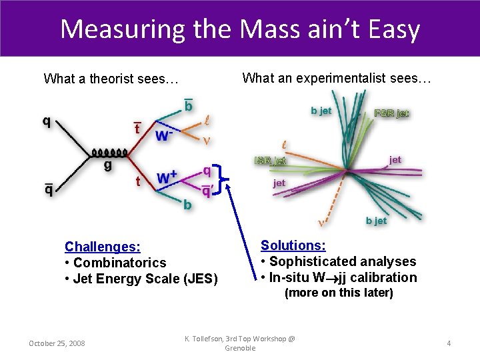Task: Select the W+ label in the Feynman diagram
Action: coord(167,178)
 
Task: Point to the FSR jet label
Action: coord(391,113)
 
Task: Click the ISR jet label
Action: coord(271,160)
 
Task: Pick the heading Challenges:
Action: coord(102,247)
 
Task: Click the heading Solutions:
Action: coord(293,245)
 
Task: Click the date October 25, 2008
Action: coord(57,343)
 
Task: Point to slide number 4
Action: coord(449,343)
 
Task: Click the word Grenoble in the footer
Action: coord(240,348)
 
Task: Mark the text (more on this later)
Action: coord(339,293)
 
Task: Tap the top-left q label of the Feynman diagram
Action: coord(46,121)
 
